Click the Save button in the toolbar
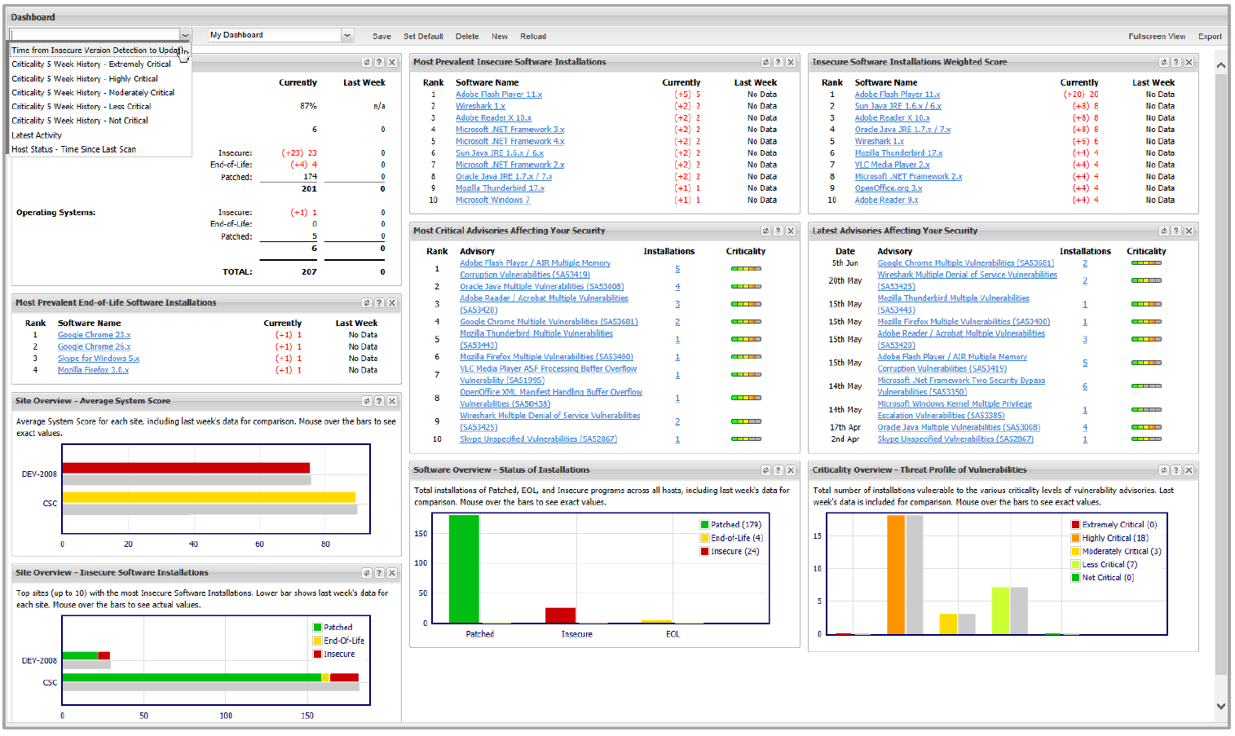click(x=382, y=37)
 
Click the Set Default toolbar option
click(x=423, y=37)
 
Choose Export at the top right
click(x=1209, y=37)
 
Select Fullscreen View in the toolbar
click(x=1156, y=37)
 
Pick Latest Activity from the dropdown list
click(x=37, y=135)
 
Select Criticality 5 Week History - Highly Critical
click(x=85, y=79)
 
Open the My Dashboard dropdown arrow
click(x=347, y=35)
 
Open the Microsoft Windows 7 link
click(x=492, y=200)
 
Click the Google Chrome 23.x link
click(x=94, y=335)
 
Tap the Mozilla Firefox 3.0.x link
click(x=93, y=370)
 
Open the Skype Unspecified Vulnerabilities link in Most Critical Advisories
click(x=538, y=439)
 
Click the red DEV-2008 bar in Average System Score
click(x=186, y=468)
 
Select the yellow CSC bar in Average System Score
click(x=209, y=497)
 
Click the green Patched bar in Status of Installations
click(x=464, y=569)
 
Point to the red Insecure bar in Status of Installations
click(x=560, y=615)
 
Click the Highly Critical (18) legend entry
click(x=1114, y=538)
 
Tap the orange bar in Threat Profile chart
click(x=896, y=575)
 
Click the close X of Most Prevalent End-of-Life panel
click(x=392, y=303)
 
